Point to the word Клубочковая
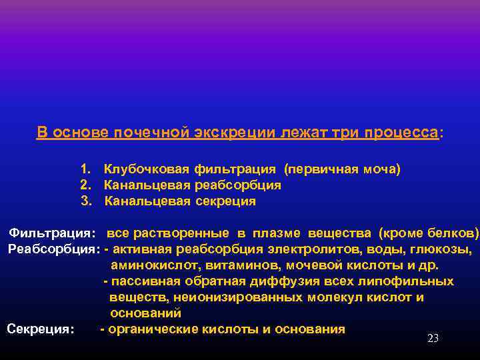147,169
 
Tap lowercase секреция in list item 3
225,201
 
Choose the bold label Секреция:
40,329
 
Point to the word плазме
277,233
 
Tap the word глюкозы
447,249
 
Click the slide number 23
433,339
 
